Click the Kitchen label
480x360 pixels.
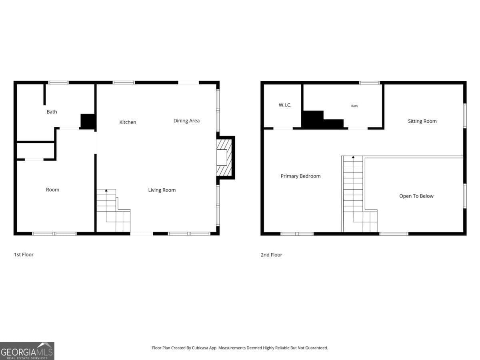(128, 122)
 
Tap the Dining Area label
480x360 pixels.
(186, 120)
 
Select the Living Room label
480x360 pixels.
(162, 190)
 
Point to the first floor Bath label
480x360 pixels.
(52, 112)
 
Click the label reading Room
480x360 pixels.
(52, 190)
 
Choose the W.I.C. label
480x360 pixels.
(285, 105)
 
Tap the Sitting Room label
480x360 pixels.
(422, 121)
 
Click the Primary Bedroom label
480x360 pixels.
(300, 176)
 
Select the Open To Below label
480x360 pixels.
(416, 196)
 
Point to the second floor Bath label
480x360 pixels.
(354, 106)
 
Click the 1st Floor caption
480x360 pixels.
(24, 254)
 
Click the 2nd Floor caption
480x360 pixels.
(271, 255)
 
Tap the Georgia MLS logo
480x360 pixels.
(27, 351)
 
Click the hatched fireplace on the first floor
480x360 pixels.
(225, 158)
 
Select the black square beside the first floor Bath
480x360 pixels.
(88, 121)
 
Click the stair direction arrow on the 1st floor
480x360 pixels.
(106, 191)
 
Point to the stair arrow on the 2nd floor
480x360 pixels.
(353, 158)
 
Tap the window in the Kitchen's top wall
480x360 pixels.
(124, 82)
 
